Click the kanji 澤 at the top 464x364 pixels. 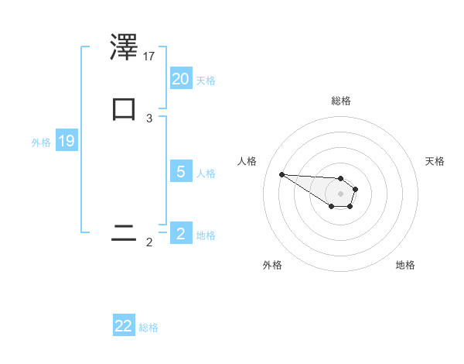tap(125, 48)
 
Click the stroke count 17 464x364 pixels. tap(149, 56)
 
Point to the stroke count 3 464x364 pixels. tap(149, 118)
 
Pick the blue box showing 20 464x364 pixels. tap(181, 78)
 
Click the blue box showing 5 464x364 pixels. tap(181, 171)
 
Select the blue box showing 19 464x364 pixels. tap(67, 141)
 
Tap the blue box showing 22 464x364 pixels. tap(124, 326)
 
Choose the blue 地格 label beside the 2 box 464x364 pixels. tap(206, 235)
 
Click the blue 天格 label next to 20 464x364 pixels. tap(206, 80)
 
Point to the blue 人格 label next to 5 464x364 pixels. tap(206, 173)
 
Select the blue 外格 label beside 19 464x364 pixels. tap(41, 143)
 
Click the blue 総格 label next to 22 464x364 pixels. tap(148, 328)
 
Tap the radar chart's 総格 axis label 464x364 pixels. tap(341, 101)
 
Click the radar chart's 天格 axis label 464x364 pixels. tap(435, 161)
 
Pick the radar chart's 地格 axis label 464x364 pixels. tap(405, 265)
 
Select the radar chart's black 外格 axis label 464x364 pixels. tap(272, 265)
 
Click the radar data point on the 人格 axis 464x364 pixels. tap(281, 174)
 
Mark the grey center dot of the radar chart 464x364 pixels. tap(340, 194)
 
